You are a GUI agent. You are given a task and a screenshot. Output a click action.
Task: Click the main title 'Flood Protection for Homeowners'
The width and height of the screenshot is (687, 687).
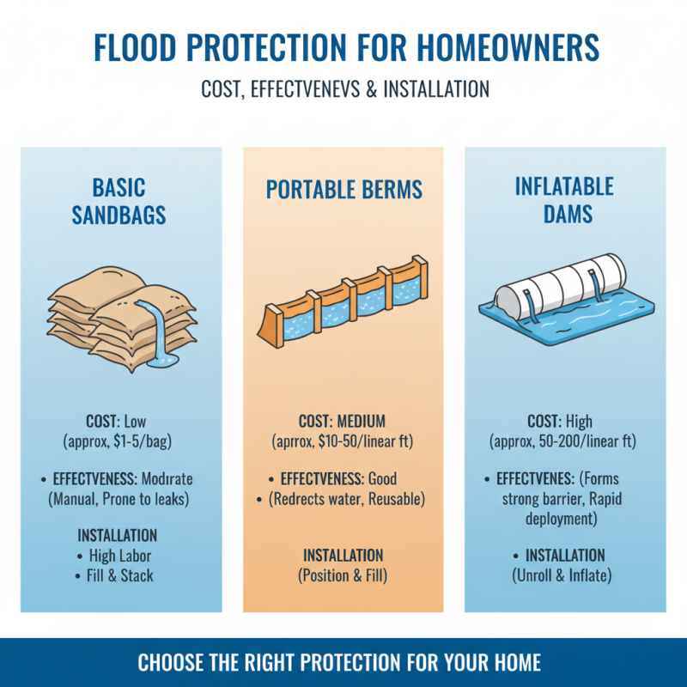click(x=343, y=49)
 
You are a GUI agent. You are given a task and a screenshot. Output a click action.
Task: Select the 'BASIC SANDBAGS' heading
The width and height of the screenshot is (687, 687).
click(x=120, y=201)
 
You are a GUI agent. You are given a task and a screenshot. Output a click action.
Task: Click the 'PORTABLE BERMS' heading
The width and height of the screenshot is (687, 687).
click(x=343, y=190)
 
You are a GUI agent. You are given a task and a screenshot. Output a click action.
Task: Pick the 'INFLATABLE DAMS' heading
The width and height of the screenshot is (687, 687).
click(x=564, y=201)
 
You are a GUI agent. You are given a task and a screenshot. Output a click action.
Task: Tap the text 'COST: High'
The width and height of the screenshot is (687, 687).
click(x=564, y=423)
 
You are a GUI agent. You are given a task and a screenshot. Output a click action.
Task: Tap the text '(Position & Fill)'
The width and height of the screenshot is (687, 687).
click(x=343, y=575)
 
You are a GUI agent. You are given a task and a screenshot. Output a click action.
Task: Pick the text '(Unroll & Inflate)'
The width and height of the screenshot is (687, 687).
click(x=564, y=575)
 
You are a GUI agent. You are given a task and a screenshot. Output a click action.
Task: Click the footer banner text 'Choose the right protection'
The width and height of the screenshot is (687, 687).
click(x=343, y=663)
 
